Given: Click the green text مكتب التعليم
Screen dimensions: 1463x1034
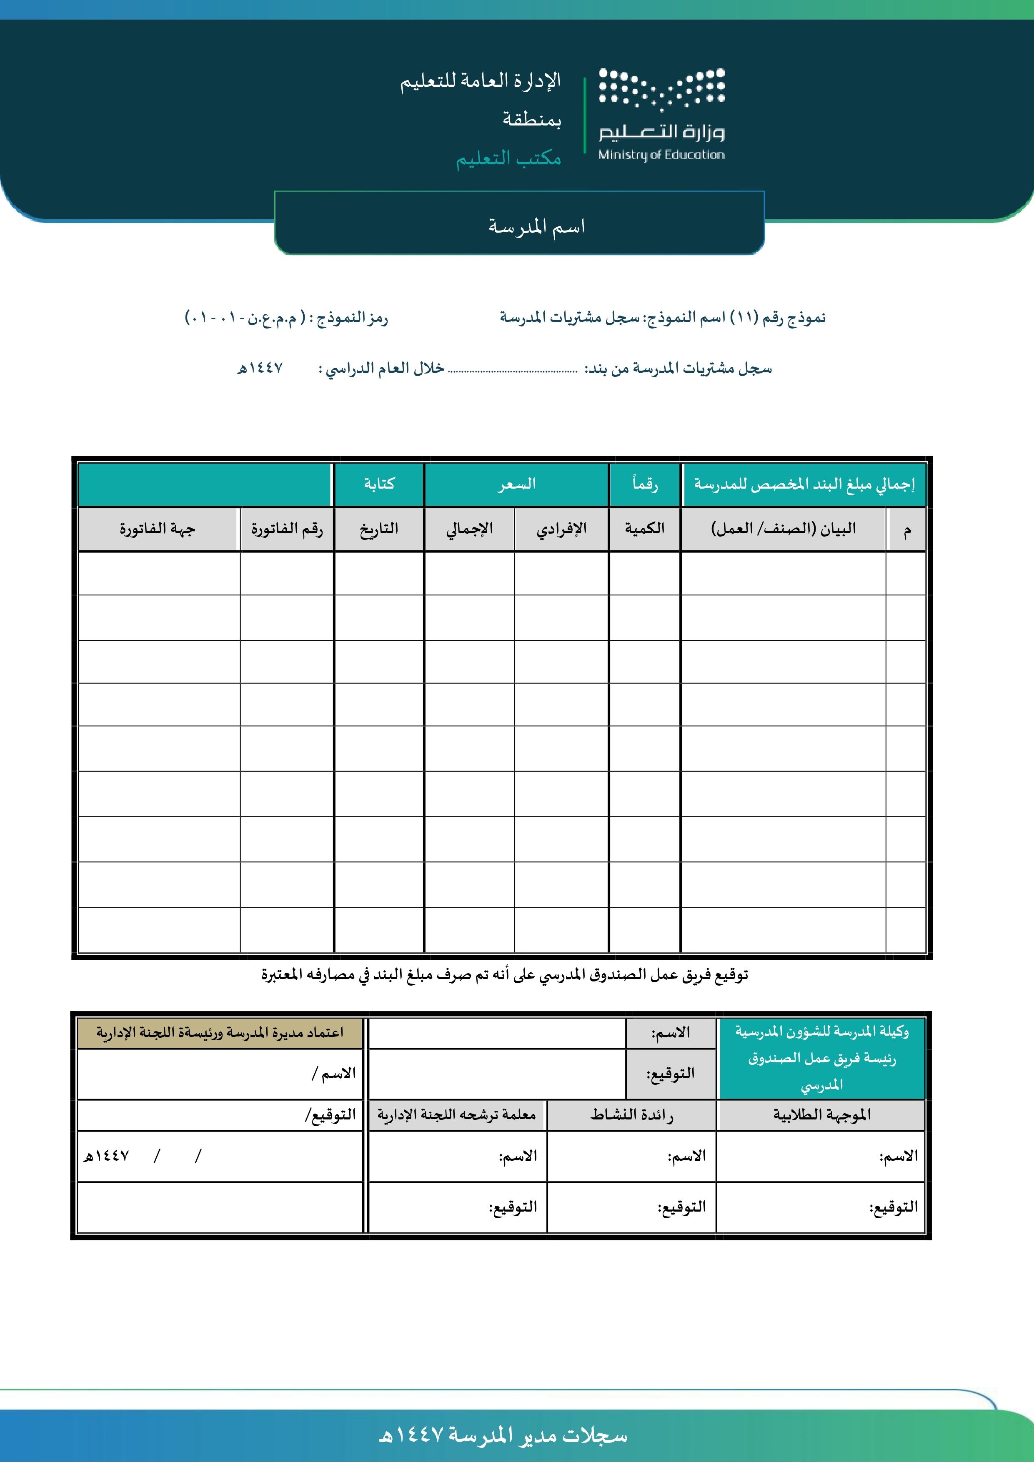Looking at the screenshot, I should click(x=508, y=158).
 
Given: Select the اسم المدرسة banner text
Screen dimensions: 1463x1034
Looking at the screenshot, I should click(x=536, y=226).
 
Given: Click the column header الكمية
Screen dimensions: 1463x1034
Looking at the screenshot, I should click(x=644, y=528).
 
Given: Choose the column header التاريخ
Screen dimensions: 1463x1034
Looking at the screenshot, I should click(x=379, y=528).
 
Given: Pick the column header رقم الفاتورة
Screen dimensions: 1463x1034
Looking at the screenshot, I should click(x=287, y=528).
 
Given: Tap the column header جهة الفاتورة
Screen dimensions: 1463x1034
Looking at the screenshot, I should click(x=158, y=528).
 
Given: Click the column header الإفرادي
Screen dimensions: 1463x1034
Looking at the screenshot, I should click(x=561, y=528).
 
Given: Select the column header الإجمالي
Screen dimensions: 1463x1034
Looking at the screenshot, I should click(x=470, y=528).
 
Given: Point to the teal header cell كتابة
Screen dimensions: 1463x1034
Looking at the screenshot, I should click(x=379, y=484).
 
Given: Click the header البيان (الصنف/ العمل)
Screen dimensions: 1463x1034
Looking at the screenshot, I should click(x=783, y=528).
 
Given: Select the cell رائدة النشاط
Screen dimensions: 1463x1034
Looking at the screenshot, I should click(x=631, y=1114).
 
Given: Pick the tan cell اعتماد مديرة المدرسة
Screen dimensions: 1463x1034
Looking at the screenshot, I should click(x=220, y=1032).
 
